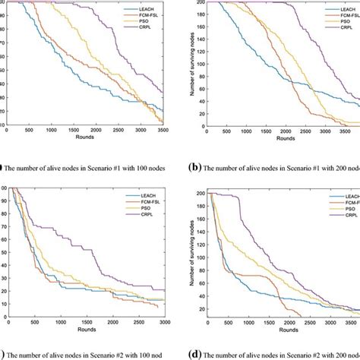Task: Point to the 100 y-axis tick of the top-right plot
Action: pyautogui.click(x=200, y=65)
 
